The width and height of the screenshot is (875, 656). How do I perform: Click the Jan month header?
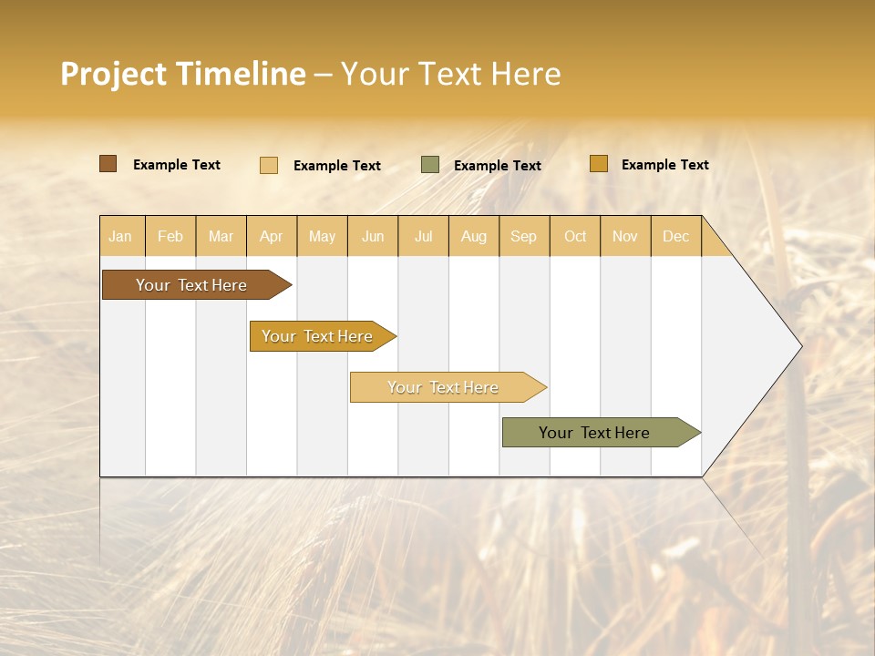click(120, 236)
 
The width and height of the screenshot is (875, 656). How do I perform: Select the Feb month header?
click(170, 236)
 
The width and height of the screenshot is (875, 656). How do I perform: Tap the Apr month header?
click(271, 236)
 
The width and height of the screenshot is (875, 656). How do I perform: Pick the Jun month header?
click(373, 236)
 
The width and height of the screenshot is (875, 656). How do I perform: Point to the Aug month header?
click(473, 236)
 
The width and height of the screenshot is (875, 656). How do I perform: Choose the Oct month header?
click(575, 236)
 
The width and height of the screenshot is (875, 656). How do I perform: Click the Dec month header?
click(675, 236)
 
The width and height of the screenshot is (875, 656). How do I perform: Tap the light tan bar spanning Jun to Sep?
click(444, 387)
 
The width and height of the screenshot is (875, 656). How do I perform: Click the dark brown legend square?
click(108, 164)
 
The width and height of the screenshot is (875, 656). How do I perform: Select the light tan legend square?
click(269, 165)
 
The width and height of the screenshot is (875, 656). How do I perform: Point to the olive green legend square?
click(430, 165)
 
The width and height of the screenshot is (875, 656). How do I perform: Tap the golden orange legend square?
click(598, 164)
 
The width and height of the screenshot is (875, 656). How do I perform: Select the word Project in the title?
click(114, 74)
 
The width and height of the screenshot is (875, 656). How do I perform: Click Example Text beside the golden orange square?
click(664, 165)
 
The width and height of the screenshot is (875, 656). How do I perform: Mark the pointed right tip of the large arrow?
click(799, 346)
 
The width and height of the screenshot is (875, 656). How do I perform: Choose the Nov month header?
click(625, 236)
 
